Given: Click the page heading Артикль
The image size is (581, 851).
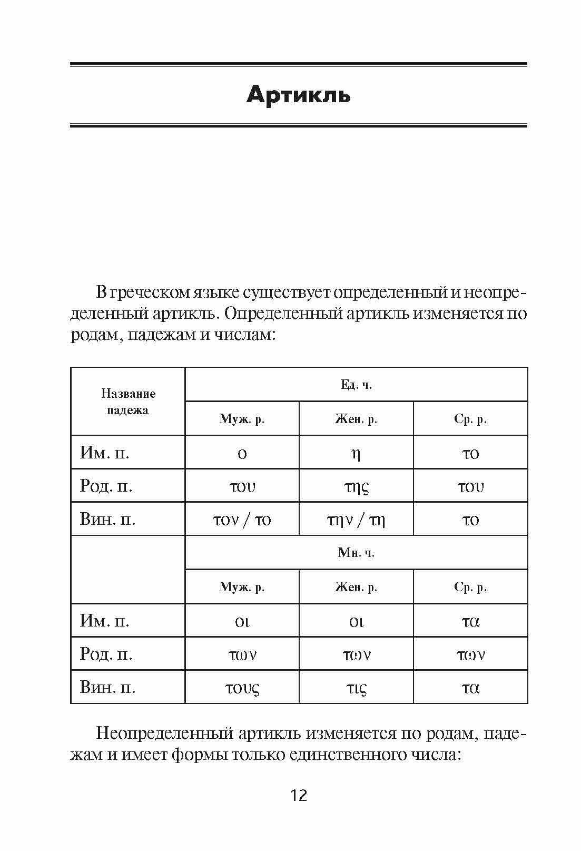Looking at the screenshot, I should click(x=298, y=95).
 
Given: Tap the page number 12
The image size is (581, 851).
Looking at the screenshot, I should click(x=298, y=795).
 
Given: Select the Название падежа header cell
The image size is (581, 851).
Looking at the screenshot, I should click(x=128, y=402).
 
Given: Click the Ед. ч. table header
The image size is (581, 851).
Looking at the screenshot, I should click(x=356, y=385).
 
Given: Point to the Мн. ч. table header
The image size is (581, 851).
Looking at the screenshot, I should click(x=356, y=553).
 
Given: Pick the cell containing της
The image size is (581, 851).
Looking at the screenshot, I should click(x=356, y=486).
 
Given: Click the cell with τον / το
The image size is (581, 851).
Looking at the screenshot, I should click(x=242, y=520).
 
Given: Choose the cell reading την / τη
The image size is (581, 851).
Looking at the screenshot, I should click(x=356, y=520).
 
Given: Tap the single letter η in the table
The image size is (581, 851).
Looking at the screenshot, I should click(x=356, y=453).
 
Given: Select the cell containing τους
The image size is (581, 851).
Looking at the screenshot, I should click(x=242, y=688).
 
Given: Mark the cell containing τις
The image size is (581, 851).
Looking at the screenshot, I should click(x=356, y=688).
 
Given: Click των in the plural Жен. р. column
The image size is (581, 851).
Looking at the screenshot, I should click(x=356, y=654).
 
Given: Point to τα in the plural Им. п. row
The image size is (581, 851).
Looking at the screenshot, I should click(x=470, y=621).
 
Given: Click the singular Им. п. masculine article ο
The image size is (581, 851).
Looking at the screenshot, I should click(x=242, y=453).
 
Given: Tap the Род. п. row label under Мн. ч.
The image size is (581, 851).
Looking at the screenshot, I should click(x=106, y=654).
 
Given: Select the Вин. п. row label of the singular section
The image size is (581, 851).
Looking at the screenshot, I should click(x=107, y=520).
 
